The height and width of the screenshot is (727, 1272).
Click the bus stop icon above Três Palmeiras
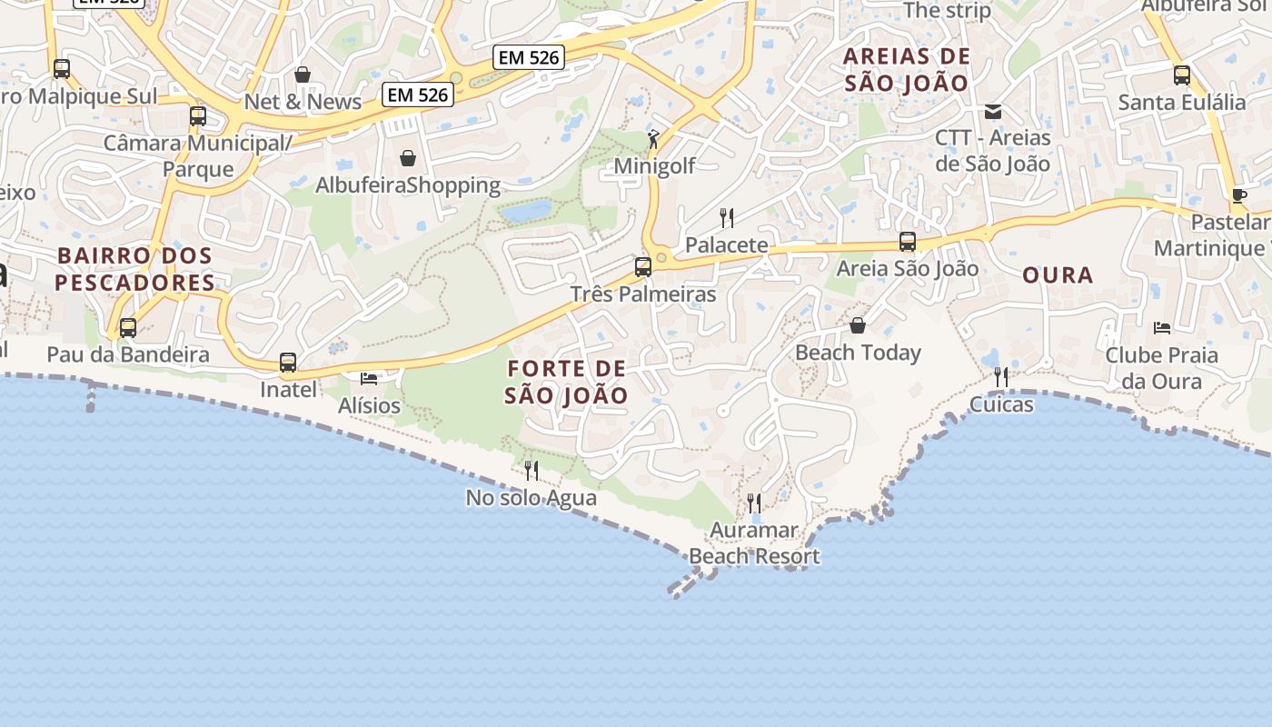pos(643,267)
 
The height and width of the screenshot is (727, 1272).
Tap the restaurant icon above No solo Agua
pos(532,470)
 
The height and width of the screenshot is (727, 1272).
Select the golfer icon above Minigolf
pos(653,139)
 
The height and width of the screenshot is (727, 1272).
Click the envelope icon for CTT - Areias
pos(993,112)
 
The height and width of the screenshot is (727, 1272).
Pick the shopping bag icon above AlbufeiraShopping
pos(408,158)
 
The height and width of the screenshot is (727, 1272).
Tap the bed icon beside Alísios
pos(368,378)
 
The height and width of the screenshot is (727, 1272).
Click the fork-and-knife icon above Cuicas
pos(1001,376)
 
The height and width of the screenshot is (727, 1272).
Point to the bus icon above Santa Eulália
pos(1181,75)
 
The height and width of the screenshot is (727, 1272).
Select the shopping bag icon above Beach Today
pos(858,325)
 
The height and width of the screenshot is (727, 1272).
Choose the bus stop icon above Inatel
pos(288,363)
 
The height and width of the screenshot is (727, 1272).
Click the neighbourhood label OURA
pos(1058,274)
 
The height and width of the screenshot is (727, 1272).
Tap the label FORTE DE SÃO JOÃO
pos(566,382)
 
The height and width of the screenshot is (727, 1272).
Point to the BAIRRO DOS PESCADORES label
pos(134,269)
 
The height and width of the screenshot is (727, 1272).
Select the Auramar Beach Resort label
pos(754,543)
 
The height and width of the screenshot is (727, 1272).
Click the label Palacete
pos(726,245)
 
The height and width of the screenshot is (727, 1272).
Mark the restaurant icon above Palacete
pos(726,218)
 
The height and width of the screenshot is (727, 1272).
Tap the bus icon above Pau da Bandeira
pos(128,328)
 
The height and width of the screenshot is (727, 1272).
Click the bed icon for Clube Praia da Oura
pos(1161,327)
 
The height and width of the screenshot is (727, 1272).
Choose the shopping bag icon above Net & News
pos(303,75)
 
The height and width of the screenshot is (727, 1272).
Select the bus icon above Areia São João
pos(907,242)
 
